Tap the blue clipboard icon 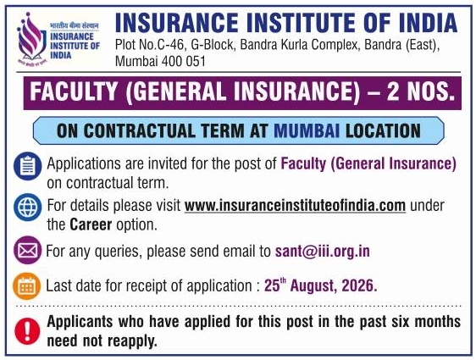point(28,166)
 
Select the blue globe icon point(28,208)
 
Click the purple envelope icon point(28,250)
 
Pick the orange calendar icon point(27,286)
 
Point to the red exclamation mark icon point(27,331)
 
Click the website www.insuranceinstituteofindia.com point(295,206)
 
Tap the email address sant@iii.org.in point(323,252)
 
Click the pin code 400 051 point(183,61)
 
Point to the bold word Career point(91,225)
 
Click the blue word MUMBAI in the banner point(307,130)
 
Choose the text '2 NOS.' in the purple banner point(421,91)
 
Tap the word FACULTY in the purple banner point(74,91)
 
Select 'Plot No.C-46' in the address point(150,45)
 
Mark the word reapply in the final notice point(132,341)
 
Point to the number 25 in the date point(272,285)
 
